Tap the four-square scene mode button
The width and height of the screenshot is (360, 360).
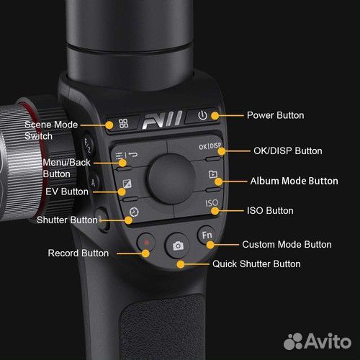tap(124, 123)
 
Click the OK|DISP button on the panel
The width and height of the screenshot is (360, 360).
tap(212, 151)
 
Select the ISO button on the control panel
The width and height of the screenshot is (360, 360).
tap(212, 204)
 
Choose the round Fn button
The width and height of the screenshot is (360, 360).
tap(207, 235)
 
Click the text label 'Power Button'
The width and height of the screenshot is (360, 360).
tap(275, 115)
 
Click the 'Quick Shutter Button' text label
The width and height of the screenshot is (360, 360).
tap(256, 264)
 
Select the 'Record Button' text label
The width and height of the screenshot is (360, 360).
tap(78, 253)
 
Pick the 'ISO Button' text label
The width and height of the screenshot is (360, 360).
tap(270, 211)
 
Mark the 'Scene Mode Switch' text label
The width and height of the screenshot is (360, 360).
tap(48, 130)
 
